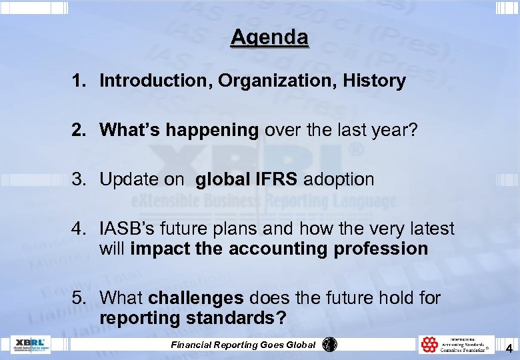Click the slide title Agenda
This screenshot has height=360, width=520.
[270, 37]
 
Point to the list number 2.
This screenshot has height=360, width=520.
[79, 130]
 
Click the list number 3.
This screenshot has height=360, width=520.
[79, 179]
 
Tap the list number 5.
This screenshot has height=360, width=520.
[79, 297]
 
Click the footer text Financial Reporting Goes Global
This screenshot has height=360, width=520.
[243, 345]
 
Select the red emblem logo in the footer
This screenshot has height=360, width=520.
[429, 345]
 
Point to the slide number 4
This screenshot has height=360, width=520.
[509, 347]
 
